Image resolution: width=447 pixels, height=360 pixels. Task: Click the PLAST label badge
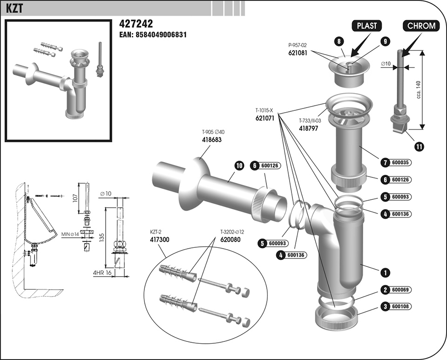point(366,26)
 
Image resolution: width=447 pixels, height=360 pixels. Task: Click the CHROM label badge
point(421,26)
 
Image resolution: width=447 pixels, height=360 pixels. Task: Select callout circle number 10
point(239,165)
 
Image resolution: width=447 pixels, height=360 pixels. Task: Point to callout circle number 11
point(419,146)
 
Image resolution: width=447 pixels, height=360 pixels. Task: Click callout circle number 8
point(339,41)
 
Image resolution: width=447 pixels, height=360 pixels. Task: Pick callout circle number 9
point(385,41)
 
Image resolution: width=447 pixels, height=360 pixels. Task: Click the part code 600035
point(400,163)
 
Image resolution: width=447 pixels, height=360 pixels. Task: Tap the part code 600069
point(400,290)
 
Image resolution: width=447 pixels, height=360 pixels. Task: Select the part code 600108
point(400,306)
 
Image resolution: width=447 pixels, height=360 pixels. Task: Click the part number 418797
point(308,128)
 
